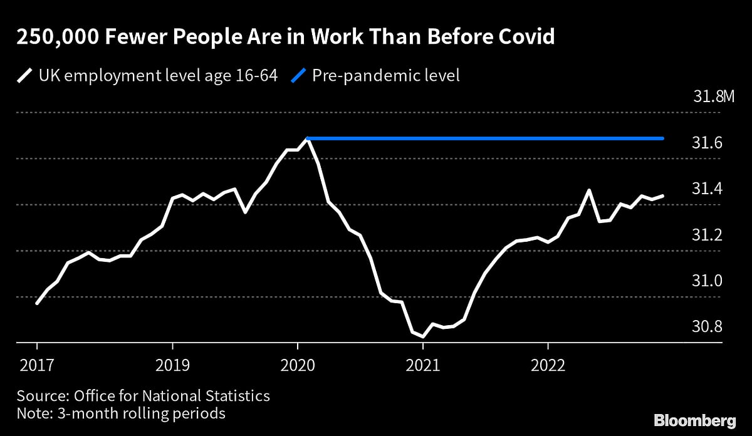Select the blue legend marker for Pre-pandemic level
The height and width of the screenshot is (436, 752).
click(x=299, y=76)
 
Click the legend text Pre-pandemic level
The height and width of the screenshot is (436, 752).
click(x=386, y=76)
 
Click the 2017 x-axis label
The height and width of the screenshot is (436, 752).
click(x=37, y=365)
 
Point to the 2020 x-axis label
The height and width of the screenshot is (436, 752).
click(x=298, y=365)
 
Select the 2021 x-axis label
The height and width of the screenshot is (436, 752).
click(x=423, y=365)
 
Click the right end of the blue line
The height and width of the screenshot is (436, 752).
click(x=663, y=138)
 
